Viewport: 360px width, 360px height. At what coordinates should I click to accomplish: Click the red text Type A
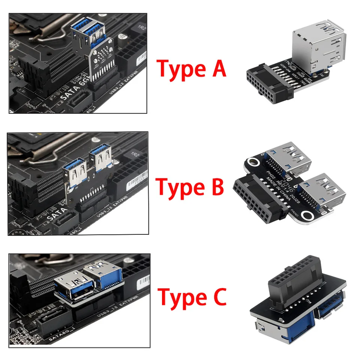[x=192, y=69]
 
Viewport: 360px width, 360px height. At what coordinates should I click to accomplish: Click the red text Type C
[x=192, y=297]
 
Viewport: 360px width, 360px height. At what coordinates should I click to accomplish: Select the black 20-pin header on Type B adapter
[x=256, y=201]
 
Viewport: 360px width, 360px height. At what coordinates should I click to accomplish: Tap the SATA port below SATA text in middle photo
[x=66, y=225]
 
